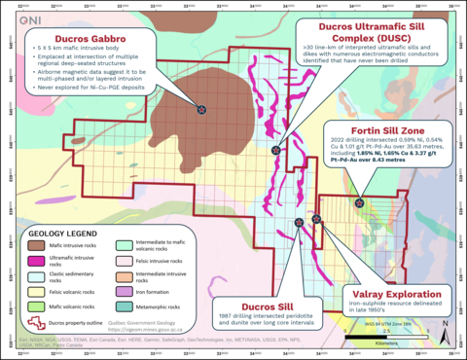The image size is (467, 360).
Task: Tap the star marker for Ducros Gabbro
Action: [x=201, y=110]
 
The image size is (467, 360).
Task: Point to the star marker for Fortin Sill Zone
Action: [x=360, y=203]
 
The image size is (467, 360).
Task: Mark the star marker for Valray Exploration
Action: [x=317, y=219]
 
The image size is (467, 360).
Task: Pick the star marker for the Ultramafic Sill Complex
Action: [x=277, y=151]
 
